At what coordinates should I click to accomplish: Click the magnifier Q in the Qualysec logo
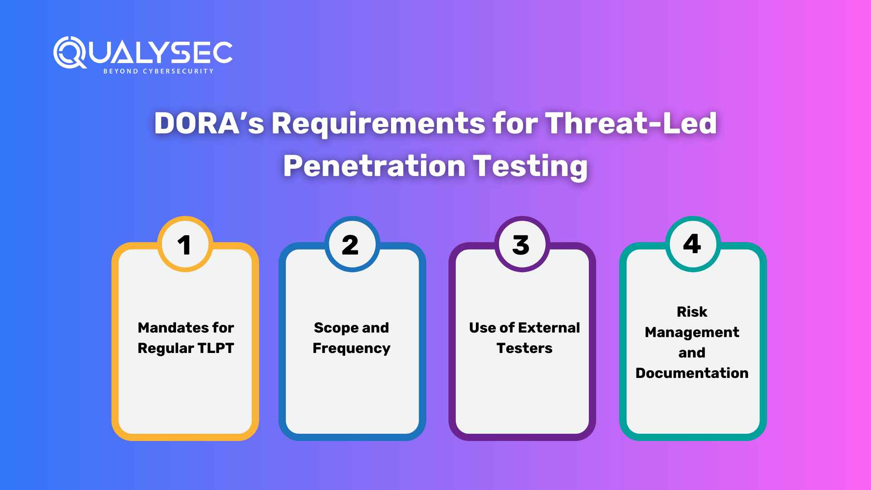pos(69,52)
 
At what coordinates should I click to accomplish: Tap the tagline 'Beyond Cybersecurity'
pos(158,71)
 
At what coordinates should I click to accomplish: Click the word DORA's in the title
pos(209,123)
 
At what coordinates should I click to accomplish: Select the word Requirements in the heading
pos(378,123)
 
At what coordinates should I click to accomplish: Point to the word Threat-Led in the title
pos(631,123)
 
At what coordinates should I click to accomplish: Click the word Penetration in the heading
pos(374,166)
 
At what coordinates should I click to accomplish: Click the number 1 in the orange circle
pos(184,245)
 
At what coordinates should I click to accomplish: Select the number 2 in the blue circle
pos(350,245)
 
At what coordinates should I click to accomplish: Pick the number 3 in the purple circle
pos(521,245)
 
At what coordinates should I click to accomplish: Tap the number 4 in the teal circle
pos(692,244)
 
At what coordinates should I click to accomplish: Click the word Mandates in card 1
pos(167,328)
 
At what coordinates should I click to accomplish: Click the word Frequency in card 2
pos(351,348)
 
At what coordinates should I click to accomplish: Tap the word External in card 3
pos(548,328)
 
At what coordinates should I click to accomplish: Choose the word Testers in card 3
pos(524,348)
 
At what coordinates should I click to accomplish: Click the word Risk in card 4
pos(692,312)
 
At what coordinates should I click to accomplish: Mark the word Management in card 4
pos(692,332)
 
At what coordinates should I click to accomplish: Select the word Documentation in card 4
pos(692,373)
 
